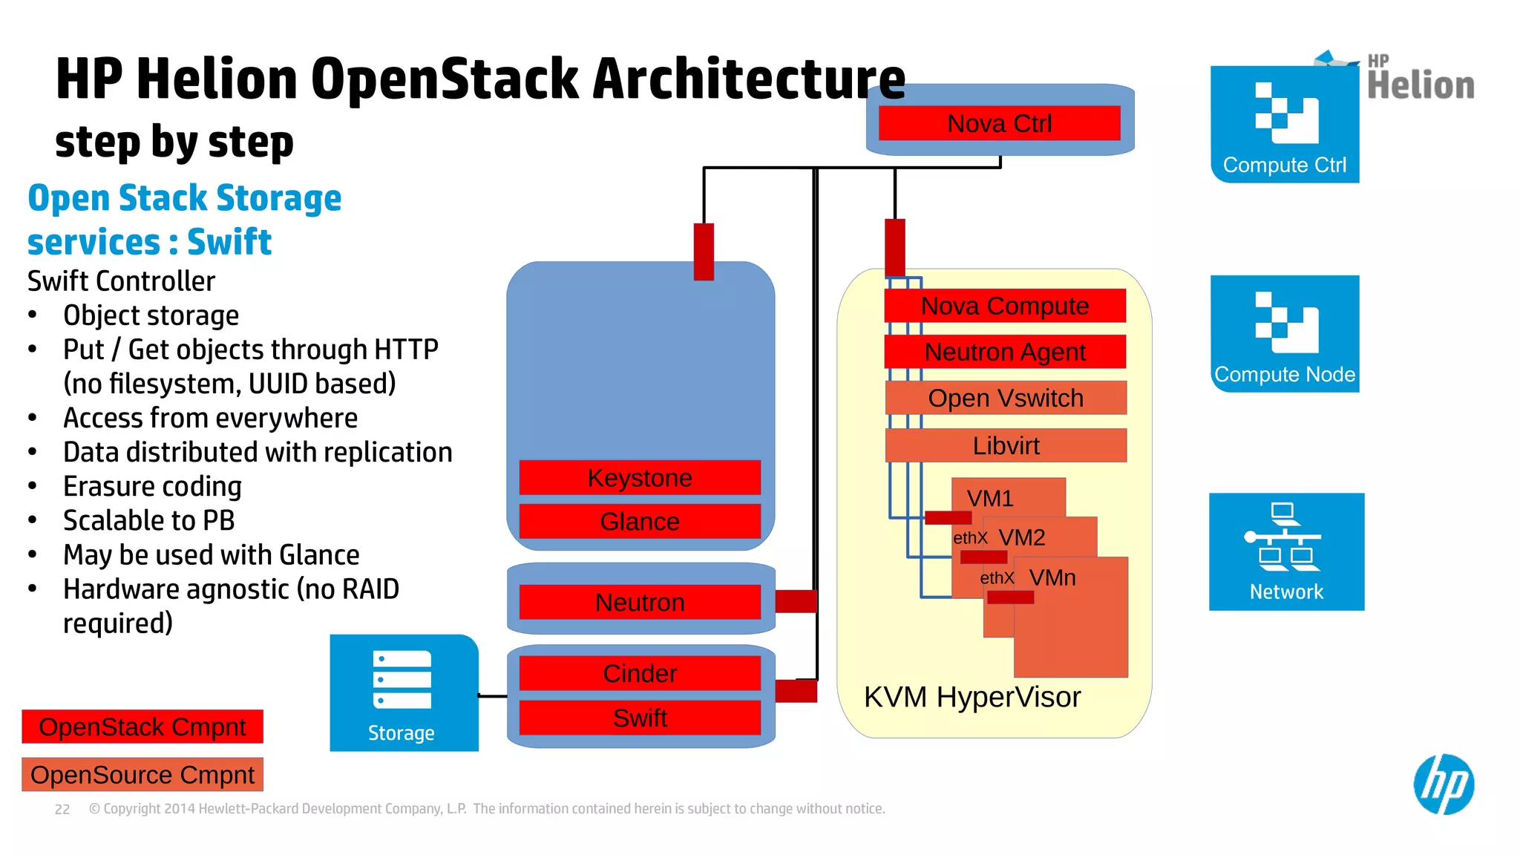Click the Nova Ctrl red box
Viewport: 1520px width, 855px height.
click(x=999, y=123)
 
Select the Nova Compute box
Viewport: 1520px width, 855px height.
click(x=1005, y=306)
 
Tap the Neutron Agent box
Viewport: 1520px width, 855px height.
click(x=1005, y=352)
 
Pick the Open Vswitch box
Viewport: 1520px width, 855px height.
click(x=1006, y=399)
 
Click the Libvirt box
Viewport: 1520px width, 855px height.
click(x=1006, y=445)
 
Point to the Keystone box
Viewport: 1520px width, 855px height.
click(x=640, y=478)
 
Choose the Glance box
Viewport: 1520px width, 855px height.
click(x=640, y=522)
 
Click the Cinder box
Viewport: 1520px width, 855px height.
click(x=640, y=673)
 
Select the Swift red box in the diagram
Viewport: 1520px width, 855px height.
click(x=640, y=718)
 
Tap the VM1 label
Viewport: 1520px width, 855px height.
click(x=990, y=498)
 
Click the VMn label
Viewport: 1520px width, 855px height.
click(x=1052, y=577)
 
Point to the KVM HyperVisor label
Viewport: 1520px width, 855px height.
click(x=972, y=697)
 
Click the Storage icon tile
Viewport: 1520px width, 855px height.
click(x=403, y=692)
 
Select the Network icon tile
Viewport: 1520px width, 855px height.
click(x=1286, y=551)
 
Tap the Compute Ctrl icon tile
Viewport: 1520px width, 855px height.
click(x=1285, y=124)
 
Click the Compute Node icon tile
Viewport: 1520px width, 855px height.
click(x=1285, y=333)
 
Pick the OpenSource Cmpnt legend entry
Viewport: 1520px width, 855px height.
click(x=142, y=775)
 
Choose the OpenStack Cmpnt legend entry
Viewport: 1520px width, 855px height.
click(x=142, y=727)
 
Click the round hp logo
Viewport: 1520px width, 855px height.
click(x=1444, y=784)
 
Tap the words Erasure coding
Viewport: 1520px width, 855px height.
click(x=152, y=487)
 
